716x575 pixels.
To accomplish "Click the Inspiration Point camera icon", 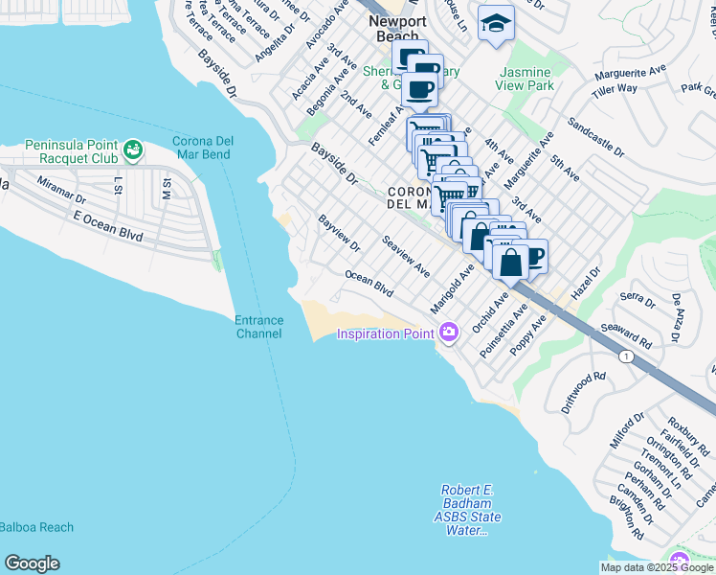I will pyautogui.click(x=449, y=333).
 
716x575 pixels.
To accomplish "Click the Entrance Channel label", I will pyautogui.click(x=258, y=327).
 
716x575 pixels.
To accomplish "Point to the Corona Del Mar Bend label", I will pyautogui.click(x=207, y=149).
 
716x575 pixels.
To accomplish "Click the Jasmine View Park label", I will pyautogui.click(x=525, y=79).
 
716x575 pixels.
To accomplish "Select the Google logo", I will pyautogui.click(x=32, y=563).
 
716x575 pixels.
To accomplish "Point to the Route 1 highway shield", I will pyautogui.click(x=625, y=356).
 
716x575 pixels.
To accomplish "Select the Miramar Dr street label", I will pyautogui.click(x=62, y=188).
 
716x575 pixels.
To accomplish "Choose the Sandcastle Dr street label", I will pyautogui.click(x=594, y=139).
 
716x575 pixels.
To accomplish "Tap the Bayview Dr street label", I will pyautogui.click(x=339, y=233).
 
